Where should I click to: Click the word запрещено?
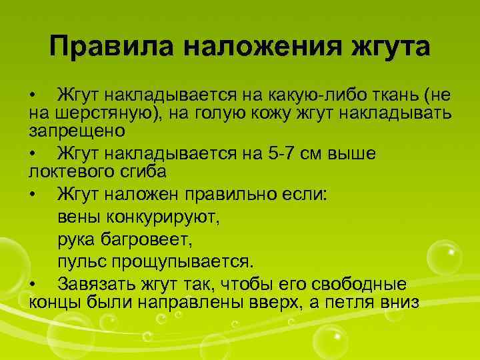[x=73, y=131]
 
